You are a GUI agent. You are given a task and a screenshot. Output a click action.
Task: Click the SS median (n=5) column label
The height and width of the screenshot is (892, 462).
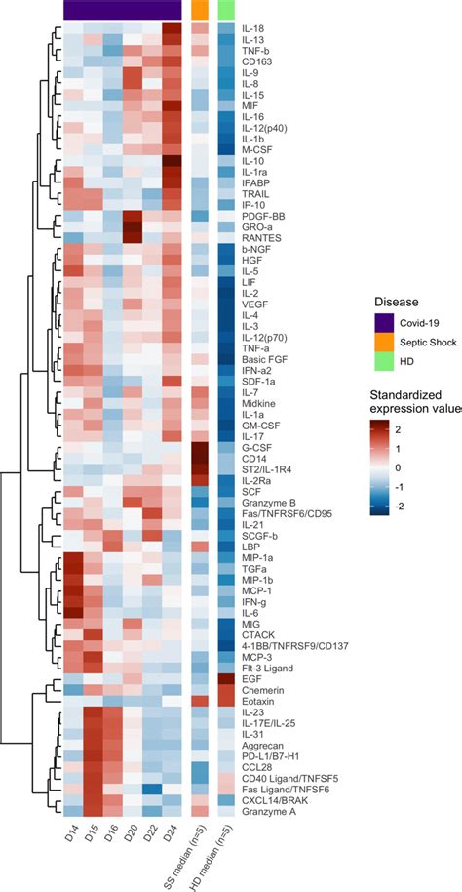(x=194, y=854)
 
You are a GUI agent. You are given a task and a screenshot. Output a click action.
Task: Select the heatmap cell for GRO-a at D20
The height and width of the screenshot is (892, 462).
(x=133, y=225)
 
